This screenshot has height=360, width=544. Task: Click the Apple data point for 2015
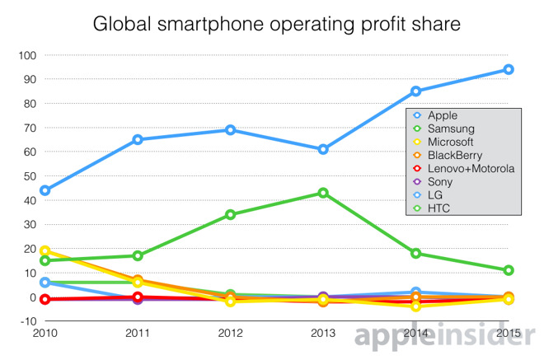click(x=509, y=69)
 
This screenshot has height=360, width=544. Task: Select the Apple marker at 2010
click(x=45, y=190)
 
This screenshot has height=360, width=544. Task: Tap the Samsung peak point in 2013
click(x=323, y=193)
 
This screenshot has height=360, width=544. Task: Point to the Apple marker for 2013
click(x=323, y=149)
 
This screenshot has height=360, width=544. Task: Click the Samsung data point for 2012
click(x=230, y=214)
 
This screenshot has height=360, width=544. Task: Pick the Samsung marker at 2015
click(x=509, y=270)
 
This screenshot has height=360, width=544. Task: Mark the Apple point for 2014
click(x=416, y=91)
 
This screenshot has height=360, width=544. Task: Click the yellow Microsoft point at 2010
click(x=45, y=250)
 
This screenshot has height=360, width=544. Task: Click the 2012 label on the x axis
click(x=230, y=334)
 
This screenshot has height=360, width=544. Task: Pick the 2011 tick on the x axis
click(x=137, y=334)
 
